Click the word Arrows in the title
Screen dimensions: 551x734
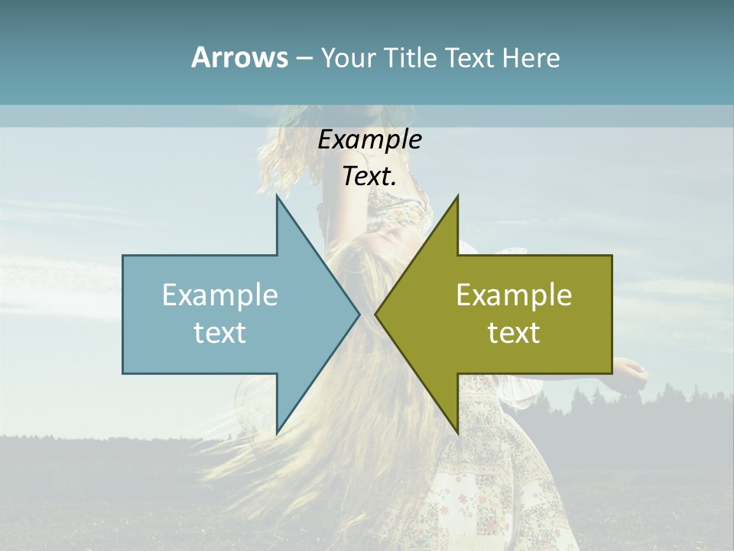click(x=239, y=57)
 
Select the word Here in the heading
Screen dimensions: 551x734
click(x=531, y=58)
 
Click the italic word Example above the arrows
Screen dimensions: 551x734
click(x=369, y=139)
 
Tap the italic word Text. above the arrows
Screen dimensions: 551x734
click(x=369, y=176)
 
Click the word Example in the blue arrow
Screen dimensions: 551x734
click(x=219, y=295)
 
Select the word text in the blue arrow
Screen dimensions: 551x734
click(x=219, y=332)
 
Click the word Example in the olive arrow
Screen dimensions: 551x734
click(x=514, y=295)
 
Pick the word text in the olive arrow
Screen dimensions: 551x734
click(x=514, y=332)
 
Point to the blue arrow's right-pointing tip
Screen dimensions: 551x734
click(x=359, y=314)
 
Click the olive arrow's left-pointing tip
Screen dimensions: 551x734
click(x=375, y=314)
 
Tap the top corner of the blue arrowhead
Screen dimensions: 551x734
click(x=277, y=197)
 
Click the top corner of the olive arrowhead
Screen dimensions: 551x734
click(x=457, y=197)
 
